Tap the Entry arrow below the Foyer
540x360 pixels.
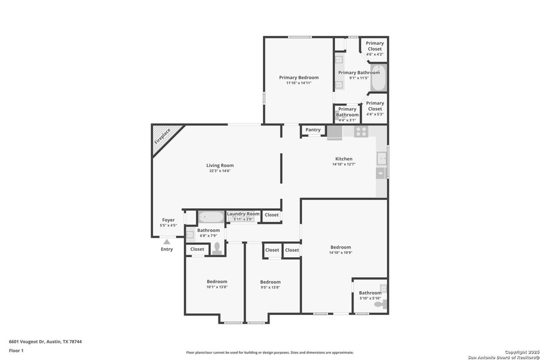coord(166,242)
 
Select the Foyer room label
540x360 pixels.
coord(168,220)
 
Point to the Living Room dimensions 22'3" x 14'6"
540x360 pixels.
coord(219,171)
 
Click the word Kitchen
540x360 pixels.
coord(344,159)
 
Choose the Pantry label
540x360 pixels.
coord(313,130)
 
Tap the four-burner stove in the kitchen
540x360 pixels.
coord(361,132)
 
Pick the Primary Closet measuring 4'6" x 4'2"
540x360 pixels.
coord(375,49)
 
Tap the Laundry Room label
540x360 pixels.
coord(243,213)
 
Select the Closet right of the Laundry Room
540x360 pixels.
coord(272,215)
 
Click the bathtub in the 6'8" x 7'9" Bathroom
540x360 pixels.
coord(210,217)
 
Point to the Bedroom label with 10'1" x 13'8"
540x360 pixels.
coord(217,282)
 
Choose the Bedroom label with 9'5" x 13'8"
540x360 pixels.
coord(270,282)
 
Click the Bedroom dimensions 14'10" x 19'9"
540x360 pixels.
coord(341,253)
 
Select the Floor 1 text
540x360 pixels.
coord(16,350)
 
